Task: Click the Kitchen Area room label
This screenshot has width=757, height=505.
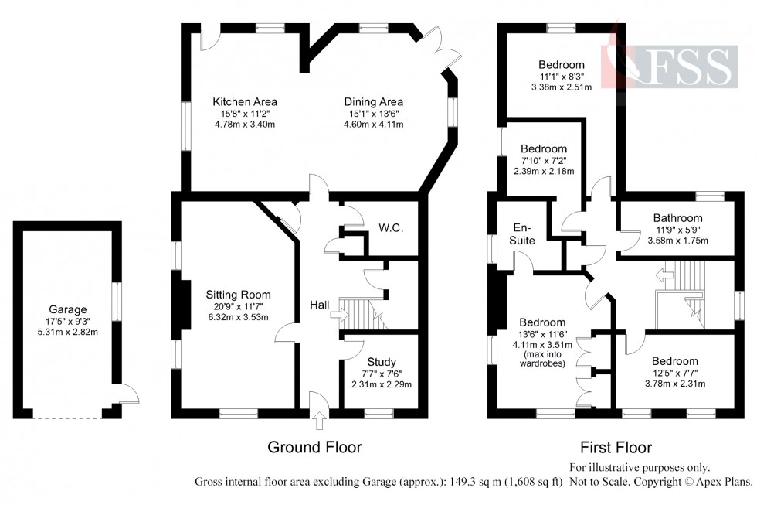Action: [245, 101]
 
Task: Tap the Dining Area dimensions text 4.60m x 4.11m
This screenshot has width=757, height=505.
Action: [374, 124]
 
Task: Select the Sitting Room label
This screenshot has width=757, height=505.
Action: [238, 294]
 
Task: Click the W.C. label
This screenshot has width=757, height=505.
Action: [392, 229]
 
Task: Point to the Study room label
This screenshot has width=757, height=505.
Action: [382, 361]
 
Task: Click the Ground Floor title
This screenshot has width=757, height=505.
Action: [314, 447]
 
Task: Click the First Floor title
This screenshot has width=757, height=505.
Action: [616, 447]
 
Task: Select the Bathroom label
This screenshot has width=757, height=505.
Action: [677, 218]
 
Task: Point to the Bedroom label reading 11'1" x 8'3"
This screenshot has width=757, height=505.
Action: [562, 64]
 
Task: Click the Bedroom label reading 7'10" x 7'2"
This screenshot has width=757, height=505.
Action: [544, 148]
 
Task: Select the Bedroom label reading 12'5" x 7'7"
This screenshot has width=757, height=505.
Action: [674, 360]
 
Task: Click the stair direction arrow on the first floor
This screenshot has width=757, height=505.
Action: [662, 274]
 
